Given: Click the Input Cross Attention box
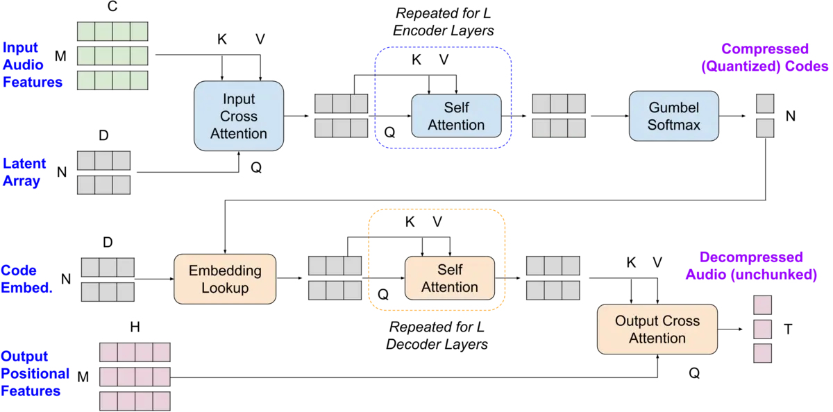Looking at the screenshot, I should click(x=239, y=116).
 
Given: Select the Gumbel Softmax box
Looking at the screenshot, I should click(x=673, y=117).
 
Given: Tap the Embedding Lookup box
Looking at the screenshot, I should click(x=225, y=279).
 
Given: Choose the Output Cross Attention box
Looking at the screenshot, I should click(x=657, y=329).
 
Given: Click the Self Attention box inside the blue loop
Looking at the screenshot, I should click(x=456, y=117).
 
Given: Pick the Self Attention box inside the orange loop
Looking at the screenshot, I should click(x=449, y=278).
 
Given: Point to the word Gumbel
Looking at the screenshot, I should click(x=673, y=108).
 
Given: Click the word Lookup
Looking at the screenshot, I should click(x=225, y=288).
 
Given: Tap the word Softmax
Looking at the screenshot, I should click(x=673, y=126).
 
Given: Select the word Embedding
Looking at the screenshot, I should click(x=225, y=271).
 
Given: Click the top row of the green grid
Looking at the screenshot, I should click(x=112, y=31).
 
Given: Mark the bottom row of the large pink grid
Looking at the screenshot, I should click(x=135, y=402).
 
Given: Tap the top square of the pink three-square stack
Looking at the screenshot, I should click(x=762, y=305).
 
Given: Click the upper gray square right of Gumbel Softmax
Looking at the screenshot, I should click(x=765, y=104).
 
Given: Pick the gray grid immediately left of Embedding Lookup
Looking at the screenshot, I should click(x=108, y=280).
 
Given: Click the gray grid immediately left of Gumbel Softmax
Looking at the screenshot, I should click(x=559, y=116).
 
